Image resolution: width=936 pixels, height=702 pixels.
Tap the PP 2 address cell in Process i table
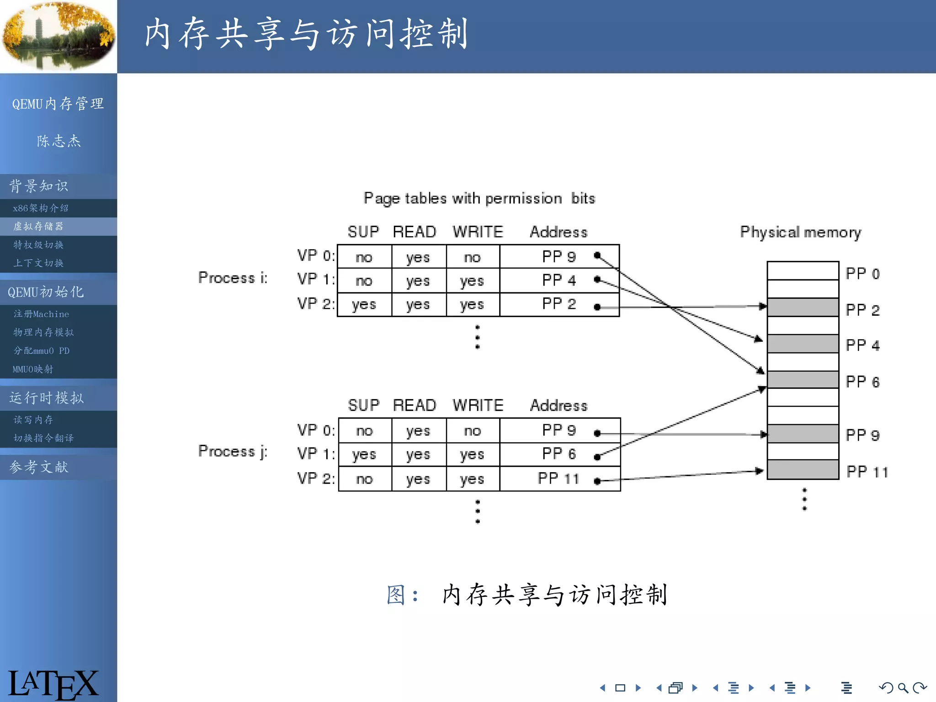point(558,304)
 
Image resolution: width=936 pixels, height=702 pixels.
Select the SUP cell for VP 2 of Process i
point(364,304)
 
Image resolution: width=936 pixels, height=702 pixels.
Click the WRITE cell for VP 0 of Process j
point(473,431)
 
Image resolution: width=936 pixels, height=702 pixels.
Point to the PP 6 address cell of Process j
point(558,454)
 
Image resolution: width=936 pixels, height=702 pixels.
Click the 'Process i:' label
point(233,277)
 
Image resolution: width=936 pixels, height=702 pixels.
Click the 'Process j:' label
point(233,451)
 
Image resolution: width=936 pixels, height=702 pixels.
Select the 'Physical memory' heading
point(800,232)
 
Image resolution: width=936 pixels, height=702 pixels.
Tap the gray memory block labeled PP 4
point(803,344)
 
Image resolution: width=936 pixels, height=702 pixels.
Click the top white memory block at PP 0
point(803,271)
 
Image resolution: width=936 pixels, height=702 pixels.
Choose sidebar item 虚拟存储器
point(38,226)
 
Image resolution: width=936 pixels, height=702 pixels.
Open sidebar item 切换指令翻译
point(43,438)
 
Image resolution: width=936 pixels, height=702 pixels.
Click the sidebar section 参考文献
point(39,467)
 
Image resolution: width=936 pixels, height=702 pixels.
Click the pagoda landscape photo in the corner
point(58,36)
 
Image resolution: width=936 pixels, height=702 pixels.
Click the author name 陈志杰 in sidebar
point(58,141)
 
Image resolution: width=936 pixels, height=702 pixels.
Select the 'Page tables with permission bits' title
point(479,198)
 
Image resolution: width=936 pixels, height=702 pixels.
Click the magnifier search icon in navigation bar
point(903,688)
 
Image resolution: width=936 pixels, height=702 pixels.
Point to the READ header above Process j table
point(415,405)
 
